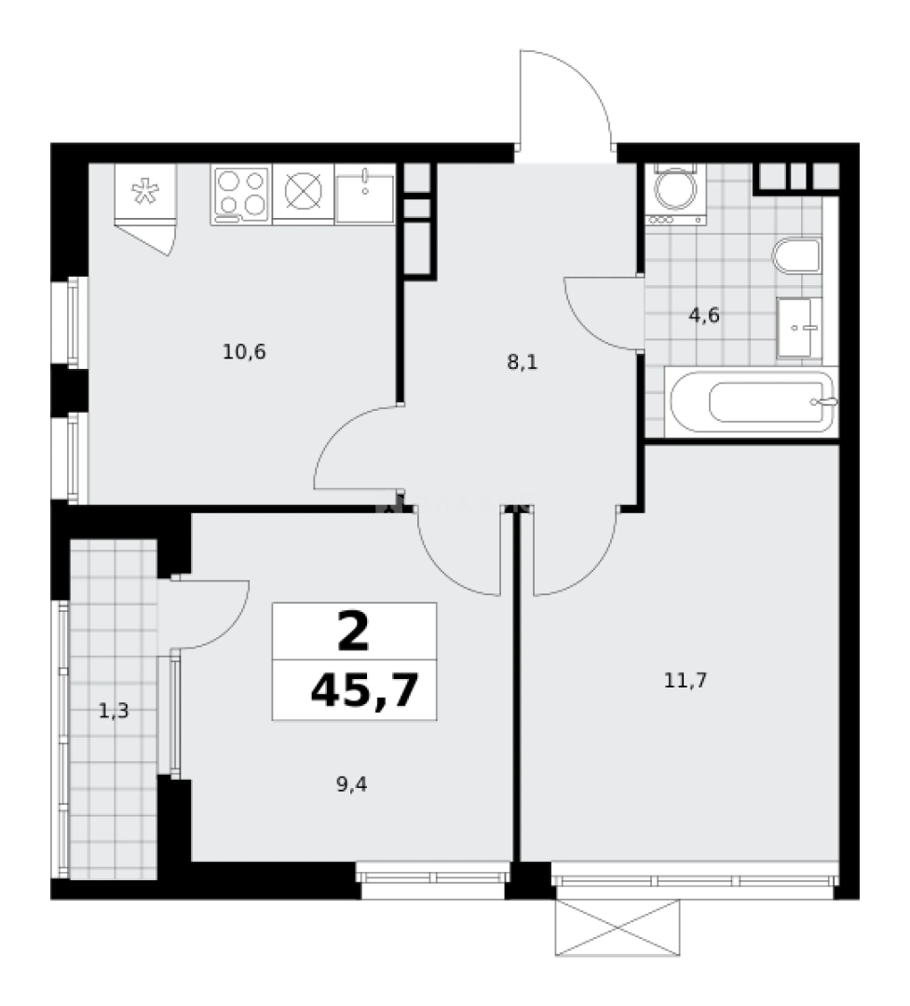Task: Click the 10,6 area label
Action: click(245, 352)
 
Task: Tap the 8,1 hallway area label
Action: click(522, 361)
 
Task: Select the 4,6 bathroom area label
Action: click(704, 315)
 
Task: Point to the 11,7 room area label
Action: click(686, 680)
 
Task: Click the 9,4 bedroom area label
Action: click(351, 784)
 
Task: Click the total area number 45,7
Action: click(363, 690)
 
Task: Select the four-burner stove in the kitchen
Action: click(240, 194)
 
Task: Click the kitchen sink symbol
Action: click(364, 195)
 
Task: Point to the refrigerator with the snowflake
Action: click(144, 193)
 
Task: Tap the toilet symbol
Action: click(797, 255)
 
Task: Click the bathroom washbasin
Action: click(800, 327)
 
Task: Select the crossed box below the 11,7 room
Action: click(619, 928)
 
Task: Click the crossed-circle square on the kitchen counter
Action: click(303, 194)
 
